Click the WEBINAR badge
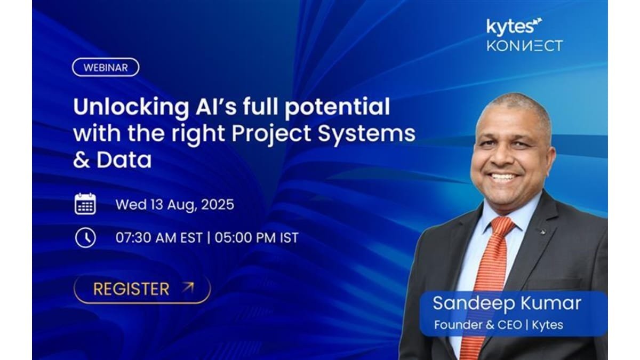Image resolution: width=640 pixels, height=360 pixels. [106, 67]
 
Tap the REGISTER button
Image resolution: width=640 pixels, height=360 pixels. [142, 289]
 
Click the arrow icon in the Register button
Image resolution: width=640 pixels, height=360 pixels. [188, 287]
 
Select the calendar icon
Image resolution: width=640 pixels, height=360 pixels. [85, 204]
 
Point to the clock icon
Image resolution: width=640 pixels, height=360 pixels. [85, 237]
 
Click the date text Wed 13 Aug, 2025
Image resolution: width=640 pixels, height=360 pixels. [174, 205]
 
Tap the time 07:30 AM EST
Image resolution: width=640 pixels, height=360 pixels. [159, 238]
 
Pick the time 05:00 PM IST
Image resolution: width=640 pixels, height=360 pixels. [257, 238]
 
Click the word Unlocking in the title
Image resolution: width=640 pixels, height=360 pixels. [131, 107]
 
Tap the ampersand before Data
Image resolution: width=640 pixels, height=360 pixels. [82, 160]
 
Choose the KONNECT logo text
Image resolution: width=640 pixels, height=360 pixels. [525, 46]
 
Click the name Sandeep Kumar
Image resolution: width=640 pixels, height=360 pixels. [507, 303]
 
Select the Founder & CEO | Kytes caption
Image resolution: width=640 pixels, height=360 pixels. [499, 325]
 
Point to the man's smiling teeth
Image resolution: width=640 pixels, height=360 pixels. [503, 177]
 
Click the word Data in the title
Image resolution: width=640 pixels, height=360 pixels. [124, 160]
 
